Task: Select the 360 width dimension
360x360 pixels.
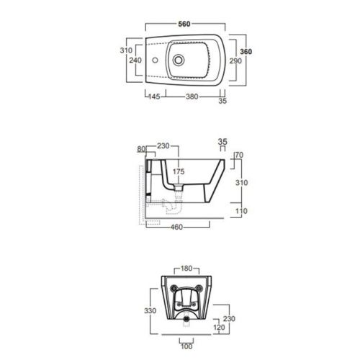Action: point(246,53)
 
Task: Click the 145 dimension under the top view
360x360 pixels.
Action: point(154,95)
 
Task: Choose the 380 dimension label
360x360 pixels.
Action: point(192,95)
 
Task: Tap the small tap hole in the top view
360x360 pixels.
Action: point(154,60)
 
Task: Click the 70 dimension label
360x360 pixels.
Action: point(239,155)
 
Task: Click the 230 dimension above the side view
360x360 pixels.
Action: point(163,146)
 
